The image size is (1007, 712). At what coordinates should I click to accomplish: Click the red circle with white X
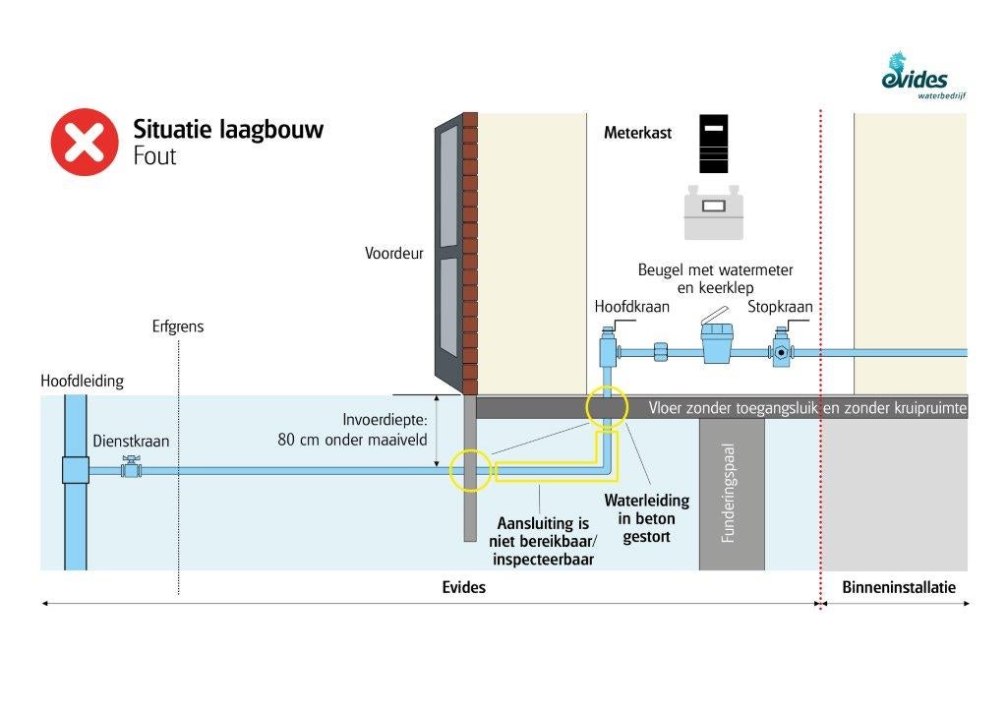coord(85,142)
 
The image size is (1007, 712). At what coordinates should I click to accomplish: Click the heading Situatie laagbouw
coord(228,130)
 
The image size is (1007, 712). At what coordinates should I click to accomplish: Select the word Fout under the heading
coord(154,155)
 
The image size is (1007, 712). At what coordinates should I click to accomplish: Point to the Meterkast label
coord(637,133)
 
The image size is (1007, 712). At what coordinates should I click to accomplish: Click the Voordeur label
coord(393,253)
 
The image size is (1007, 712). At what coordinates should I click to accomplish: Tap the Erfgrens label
coord(178,326)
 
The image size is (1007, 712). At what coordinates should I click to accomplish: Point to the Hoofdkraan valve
coord(608,348)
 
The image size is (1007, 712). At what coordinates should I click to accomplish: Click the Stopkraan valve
coord(783,349)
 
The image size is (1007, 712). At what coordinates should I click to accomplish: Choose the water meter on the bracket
coord(719,345)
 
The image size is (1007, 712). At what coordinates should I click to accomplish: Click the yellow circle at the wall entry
coord(469,470)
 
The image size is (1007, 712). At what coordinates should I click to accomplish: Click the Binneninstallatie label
coord(899,587)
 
